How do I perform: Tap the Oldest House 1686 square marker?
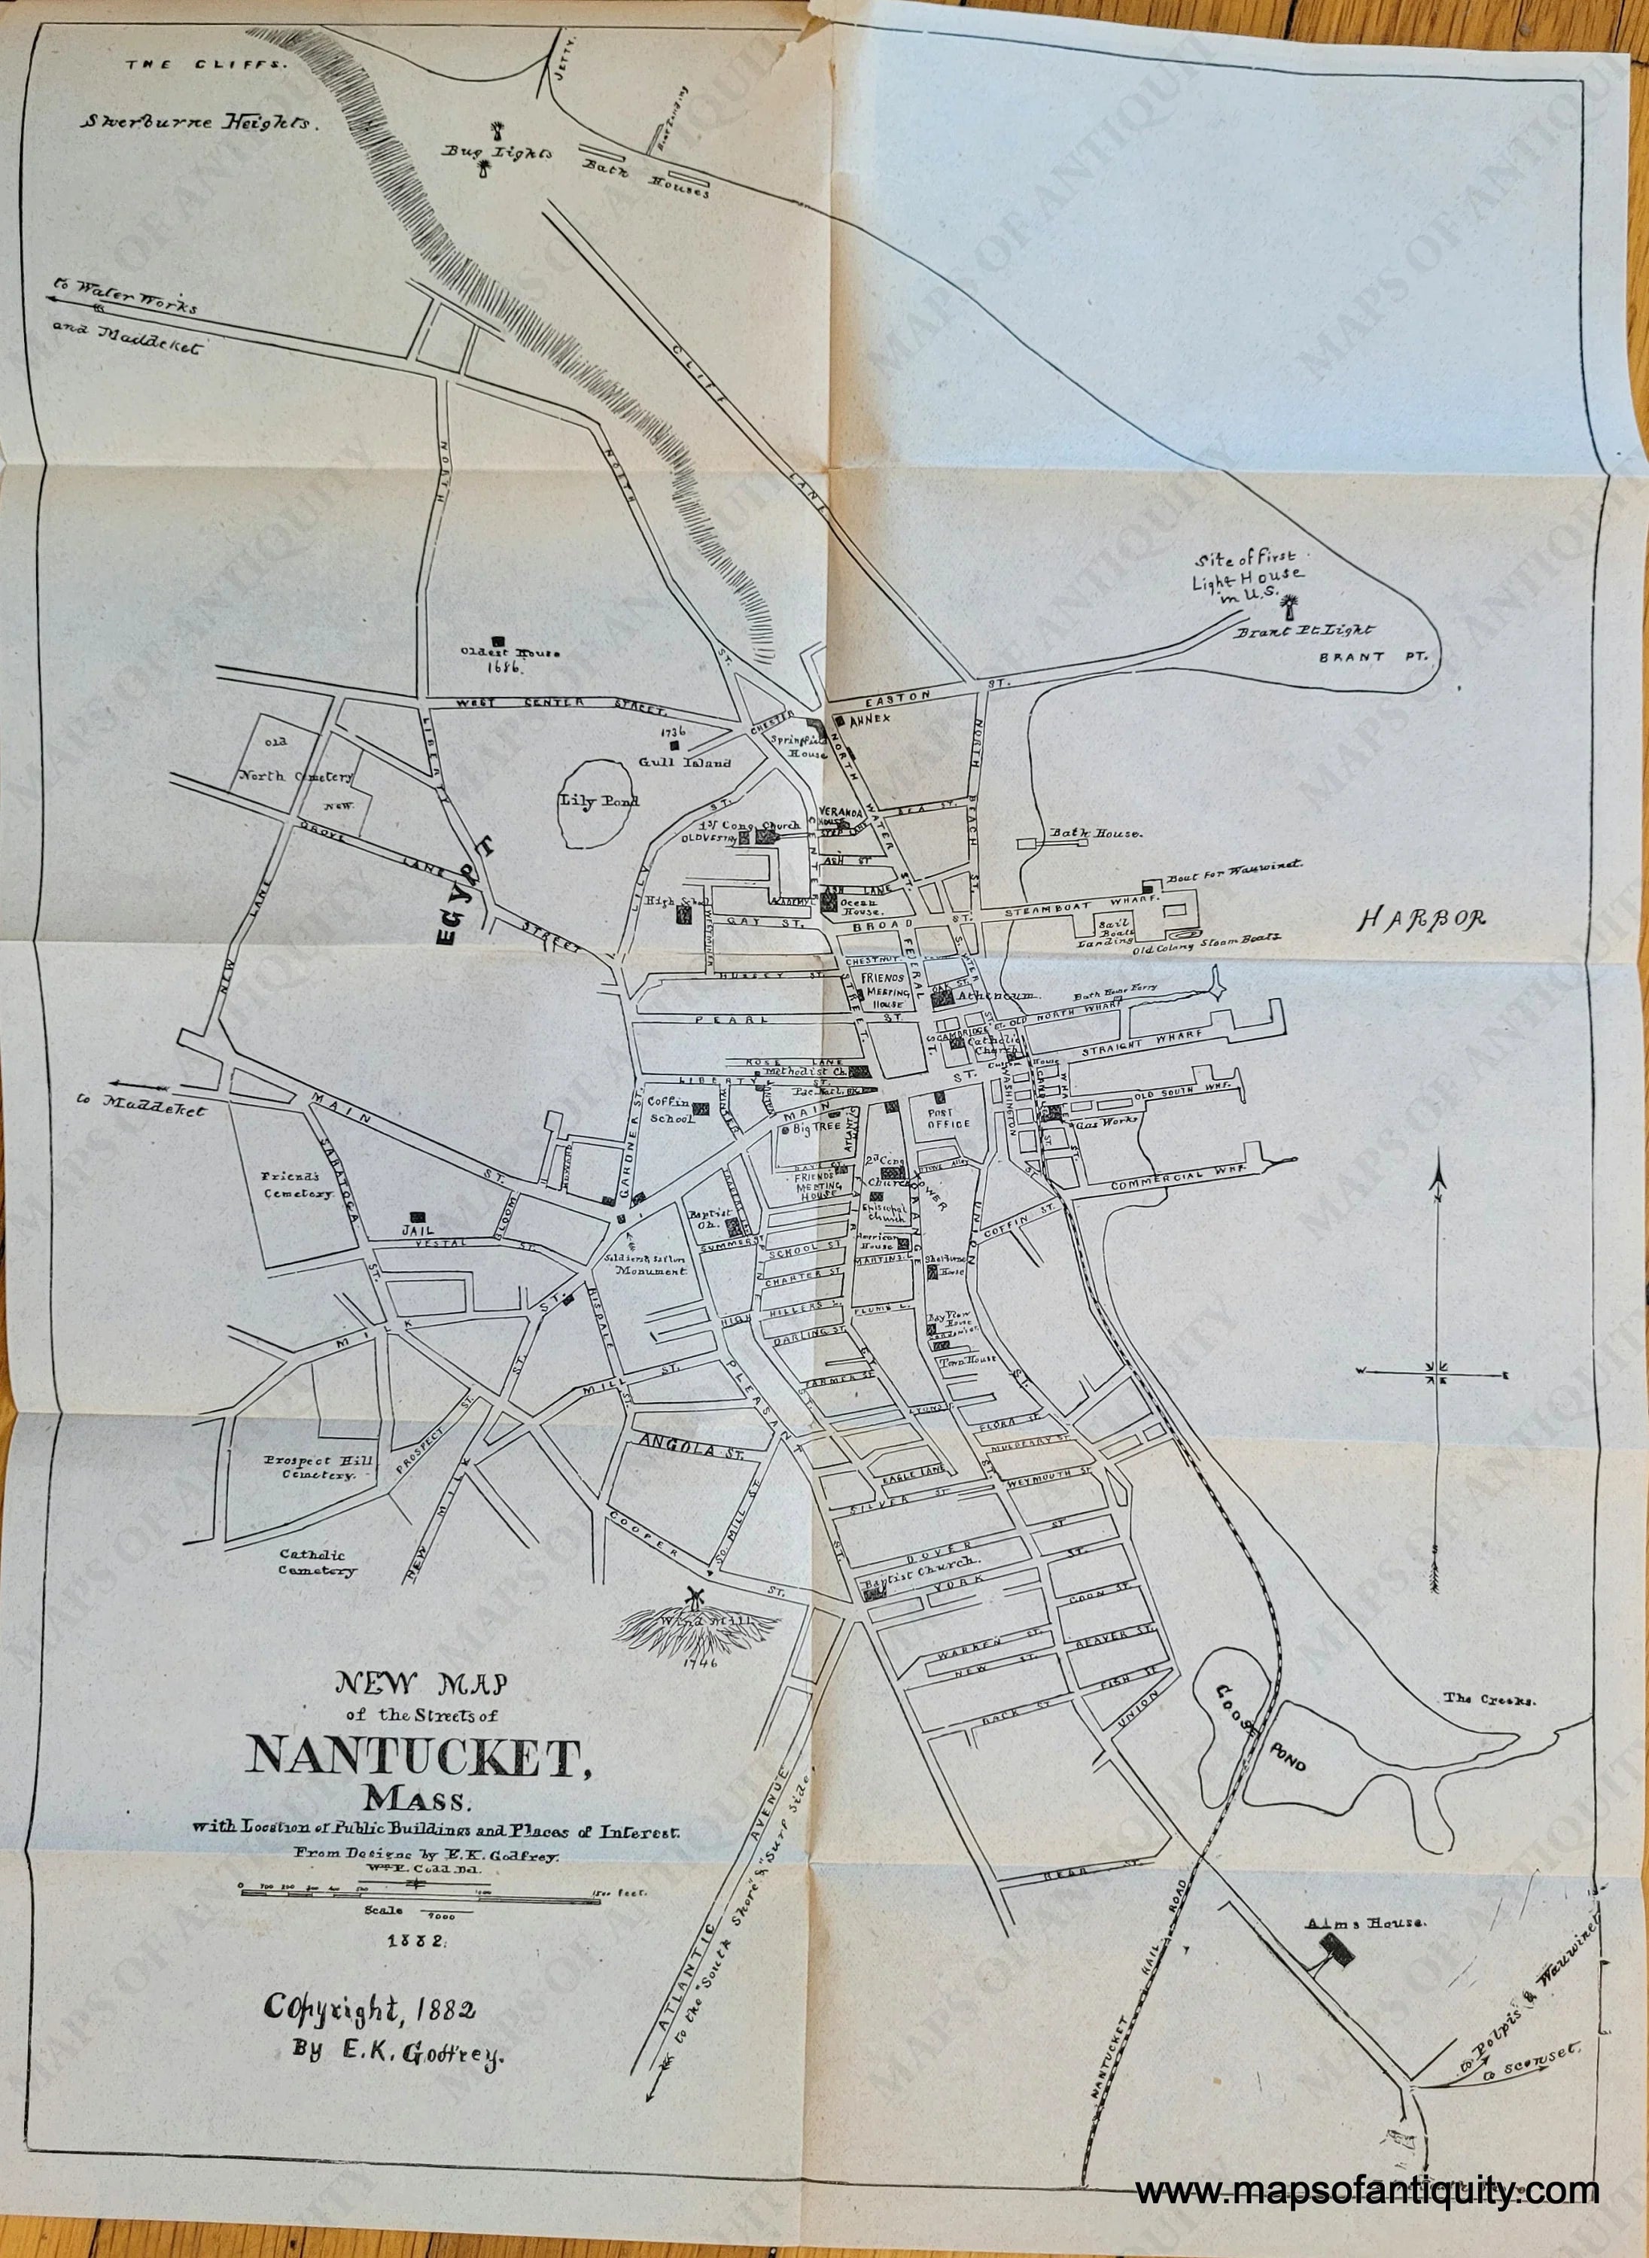click(497, 640)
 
